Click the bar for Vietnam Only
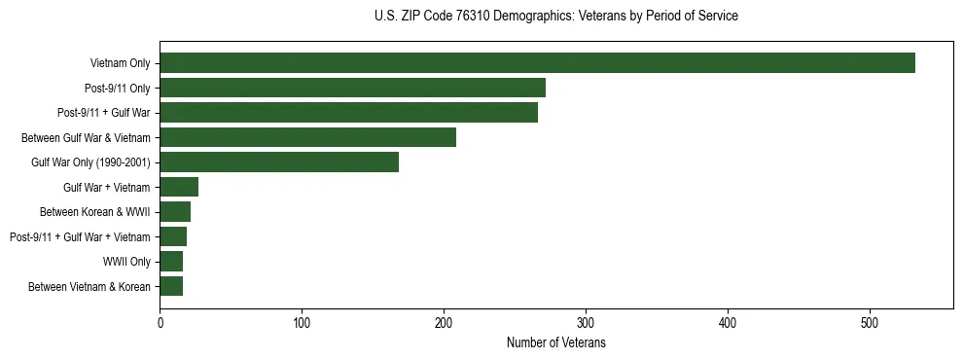[x=537, y=63]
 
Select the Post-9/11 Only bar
[x=352, y=88]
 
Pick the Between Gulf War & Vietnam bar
[x=307, y=137]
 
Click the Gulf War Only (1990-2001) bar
[x=279, y=162]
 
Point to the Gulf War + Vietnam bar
[x=179, y=187]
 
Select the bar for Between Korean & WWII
[x=175, y=212]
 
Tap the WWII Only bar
[x=171, y=261]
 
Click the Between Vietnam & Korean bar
[x=171, y=286]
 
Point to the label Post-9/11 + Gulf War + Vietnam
[x=80, y=236]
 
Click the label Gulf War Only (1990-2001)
[x=90, y=162]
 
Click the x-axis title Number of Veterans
[x=556, y=342]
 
